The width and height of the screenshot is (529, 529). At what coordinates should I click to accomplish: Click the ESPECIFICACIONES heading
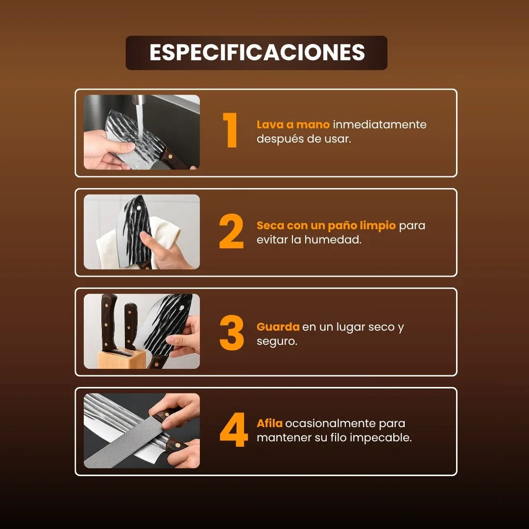pos(257,52)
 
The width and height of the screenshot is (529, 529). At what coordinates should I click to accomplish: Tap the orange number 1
pos(231,130)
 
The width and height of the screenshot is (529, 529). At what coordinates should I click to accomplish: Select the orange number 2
pos(231,231)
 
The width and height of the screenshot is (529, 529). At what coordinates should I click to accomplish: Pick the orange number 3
pos(232,333)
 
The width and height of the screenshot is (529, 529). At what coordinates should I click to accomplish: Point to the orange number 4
pos(234,430)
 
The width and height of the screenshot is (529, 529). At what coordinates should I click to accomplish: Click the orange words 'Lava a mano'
pos(293,124)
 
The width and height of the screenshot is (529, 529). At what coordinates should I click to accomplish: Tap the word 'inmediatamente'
pos(380,124)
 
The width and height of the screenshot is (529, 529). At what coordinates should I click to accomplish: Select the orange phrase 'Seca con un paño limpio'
pos(326,226)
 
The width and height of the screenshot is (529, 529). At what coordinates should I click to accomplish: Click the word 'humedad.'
pos(333,240)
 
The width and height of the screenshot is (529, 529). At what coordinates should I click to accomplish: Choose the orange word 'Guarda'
pos(278,327)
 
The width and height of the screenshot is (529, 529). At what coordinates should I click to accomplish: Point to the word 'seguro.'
pos(277,341)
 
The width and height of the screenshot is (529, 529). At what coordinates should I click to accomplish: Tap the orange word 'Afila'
pos(269,423)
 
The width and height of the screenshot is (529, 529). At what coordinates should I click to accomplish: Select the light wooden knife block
pos(121,358)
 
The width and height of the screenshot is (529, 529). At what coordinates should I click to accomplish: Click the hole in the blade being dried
pos(139,208)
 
